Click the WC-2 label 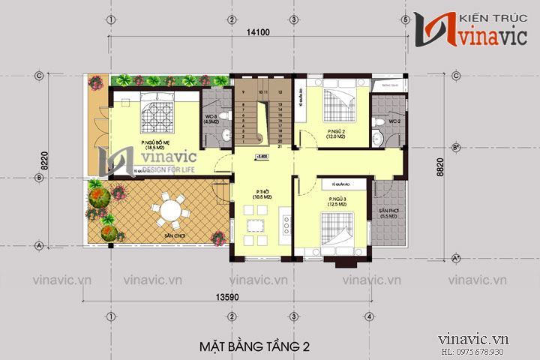[x=394, y=121]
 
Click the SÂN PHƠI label [x=388, y=212]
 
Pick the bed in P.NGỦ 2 [x=335, y=105]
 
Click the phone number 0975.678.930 [x=496, y=352]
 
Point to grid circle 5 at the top [x=406, y=19]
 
